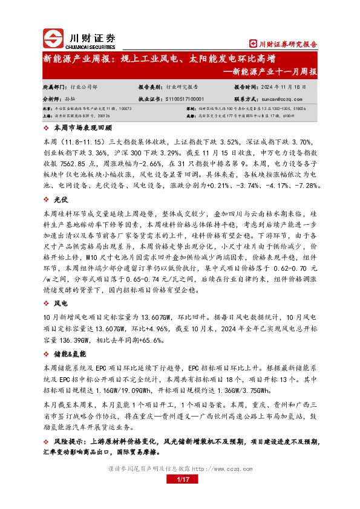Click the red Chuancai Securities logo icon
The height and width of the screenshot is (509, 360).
pyautogui.click(x=54, y=38)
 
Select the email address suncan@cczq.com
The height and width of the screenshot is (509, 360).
pyautogui.click(x=281, y=98)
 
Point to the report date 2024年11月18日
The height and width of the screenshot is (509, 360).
pyautogui.click(x=290, y=87)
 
